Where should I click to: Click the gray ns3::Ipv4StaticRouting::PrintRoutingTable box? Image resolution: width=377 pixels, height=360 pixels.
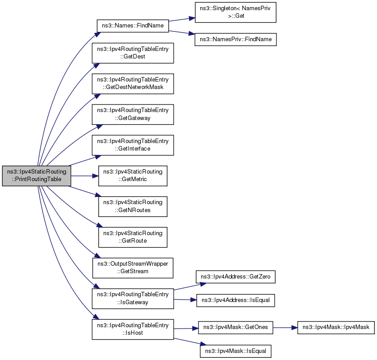coord(36,176)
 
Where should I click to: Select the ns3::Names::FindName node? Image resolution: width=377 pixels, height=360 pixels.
coord(133,26)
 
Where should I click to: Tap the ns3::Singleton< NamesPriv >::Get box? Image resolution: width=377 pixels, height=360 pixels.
coord(235,12)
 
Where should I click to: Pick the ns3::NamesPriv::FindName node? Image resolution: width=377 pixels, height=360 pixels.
coord(236,39)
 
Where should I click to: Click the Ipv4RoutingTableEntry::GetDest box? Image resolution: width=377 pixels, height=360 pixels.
coord(133,53)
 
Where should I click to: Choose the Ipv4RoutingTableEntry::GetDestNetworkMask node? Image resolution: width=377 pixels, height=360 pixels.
coord(133,84)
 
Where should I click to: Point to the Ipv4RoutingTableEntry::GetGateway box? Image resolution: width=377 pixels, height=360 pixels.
coord(133,114)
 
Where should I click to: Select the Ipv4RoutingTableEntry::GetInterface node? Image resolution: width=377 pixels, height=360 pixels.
coord(133,145)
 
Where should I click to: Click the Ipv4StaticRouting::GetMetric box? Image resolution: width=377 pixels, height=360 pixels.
coord(133,176)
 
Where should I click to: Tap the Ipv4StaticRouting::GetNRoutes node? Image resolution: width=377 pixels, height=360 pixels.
coord(133,206)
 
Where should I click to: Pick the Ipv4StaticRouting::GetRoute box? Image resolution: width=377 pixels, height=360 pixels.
coord(133,237)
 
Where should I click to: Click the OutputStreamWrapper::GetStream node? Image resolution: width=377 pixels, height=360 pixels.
coord(133,268)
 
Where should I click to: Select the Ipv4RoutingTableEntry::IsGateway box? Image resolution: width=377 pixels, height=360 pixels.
coord(133,299)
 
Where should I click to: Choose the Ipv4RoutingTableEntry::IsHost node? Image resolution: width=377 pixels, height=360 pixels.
coord(133,329)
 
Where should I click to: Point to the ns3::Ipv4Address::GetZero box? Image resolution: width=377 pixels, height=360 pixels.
coord(236,277)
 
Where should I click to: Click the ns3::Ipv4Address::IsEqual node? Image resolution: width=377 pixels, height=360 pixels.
coord(236,300)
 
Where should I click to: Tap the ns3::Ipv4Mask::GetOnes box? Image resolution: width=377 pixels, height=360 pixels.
coord(236,328)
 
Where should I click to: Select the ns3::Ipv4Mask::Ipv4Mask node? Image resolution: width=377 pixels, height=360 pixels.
coord(336,328)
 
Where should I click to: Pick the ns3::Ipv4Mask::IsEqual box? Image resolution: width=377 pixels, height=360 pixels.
coord(236,351)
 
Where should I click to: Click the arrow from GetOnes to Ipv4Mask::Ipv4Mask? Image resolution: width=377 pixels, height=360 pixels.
coord(285,328)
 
